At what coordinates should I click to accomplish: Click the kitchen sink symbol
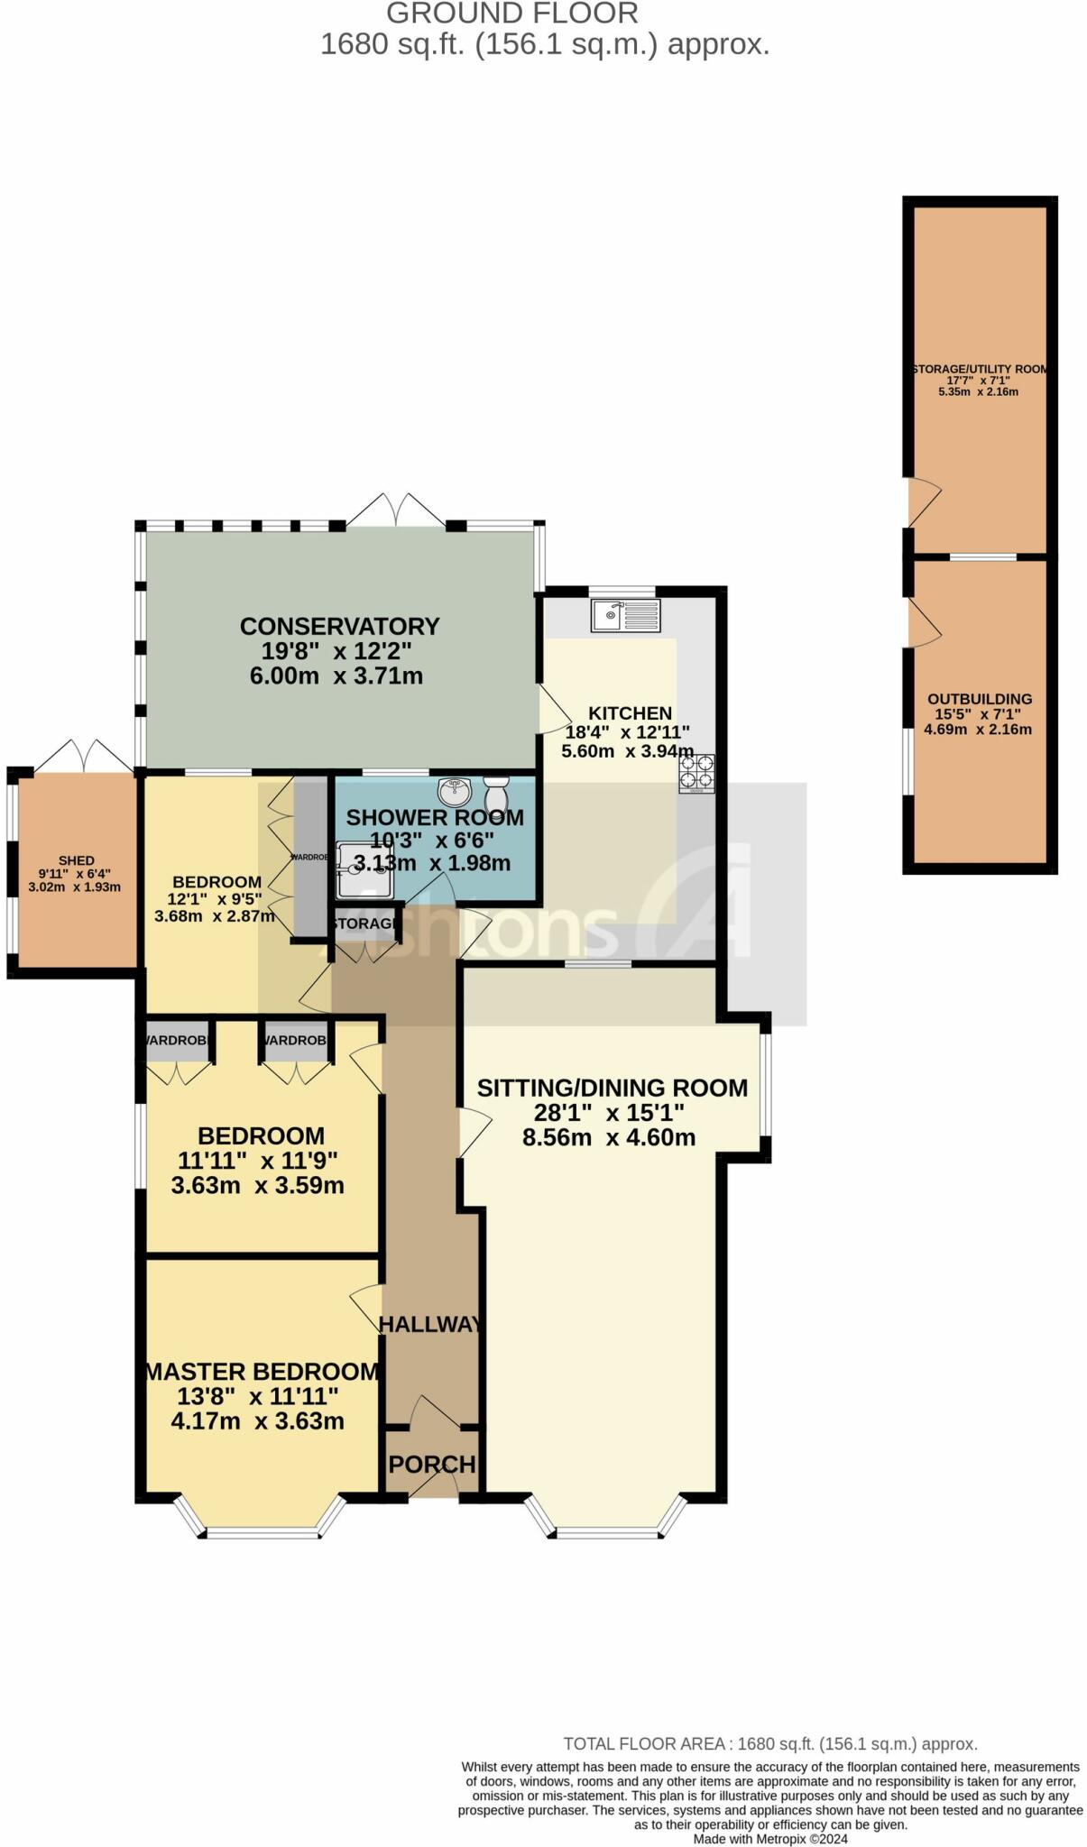(625, 616)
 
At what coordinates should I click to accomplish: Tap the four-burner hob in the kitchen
(697, 774)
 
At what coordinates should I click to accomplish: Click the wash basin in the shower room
(456, 793)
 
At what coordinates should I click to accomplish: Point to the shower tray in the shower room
(364, 870)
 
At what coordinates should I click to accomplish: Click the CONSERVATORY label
(339, 626)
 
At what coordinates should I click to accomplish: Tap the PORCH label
(432, 1465)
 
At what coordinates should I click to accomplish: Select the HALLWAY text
(431, 1324)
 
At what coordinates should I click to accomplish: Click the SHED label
(77, 861)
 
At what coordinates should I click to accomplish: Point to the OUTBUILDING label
(980, 699)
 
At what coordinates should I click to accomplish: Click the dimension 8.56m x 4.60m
(609, 1137)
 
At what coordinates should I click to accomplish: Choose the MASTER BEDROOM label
(262, 1372)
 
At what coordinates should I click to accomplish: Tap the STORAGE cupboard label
(364, 923)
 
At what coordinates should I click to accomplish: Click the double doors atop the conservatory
(395, 510)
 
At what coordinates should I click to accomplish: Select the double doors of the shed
(83, 755)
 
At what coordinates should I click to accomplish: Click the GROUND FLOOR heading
(512, 14)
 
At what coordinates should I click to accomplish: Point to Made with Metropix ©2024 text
(770, 1839)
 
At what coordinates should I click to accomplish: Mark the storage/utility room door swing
(924, 501)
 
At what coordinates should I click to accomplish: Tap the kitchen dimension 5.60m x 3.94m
(627, 751)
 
